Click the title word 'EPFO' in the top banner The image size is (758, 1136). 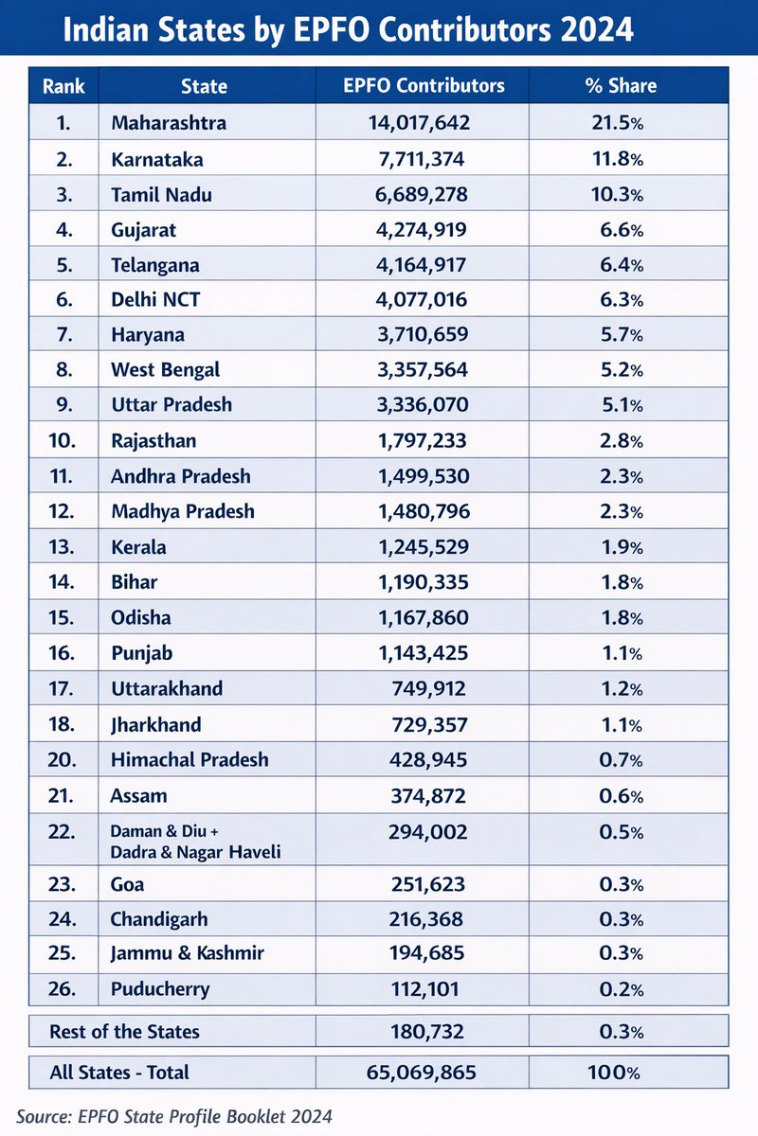tap(311, 30)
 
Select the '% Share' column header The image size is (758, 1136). tap(621, 86)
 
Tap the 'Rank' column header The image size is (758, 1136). tap(63, 86)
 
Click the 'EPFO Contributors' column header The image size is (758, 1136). tap(424, 86)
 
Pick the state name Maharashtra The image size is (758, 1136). tap(169, 122)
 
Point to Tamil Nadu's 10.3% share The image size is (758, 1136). tap(621, 194)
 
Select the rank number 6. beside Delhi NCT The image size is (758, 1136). tap(64, 300)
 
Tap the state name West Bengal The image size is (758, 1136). tap(165, 369)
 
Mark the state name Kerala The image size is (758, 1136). tap(138, 547)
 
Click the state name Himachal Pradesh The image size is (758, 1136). tap(189, 759)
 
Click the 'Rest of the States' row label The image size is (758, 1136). tap(124, 1031)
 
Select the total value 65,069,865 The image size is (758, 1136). tap(421, 1073)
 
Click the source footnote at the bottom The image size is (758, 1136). tap(174, 1117)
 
